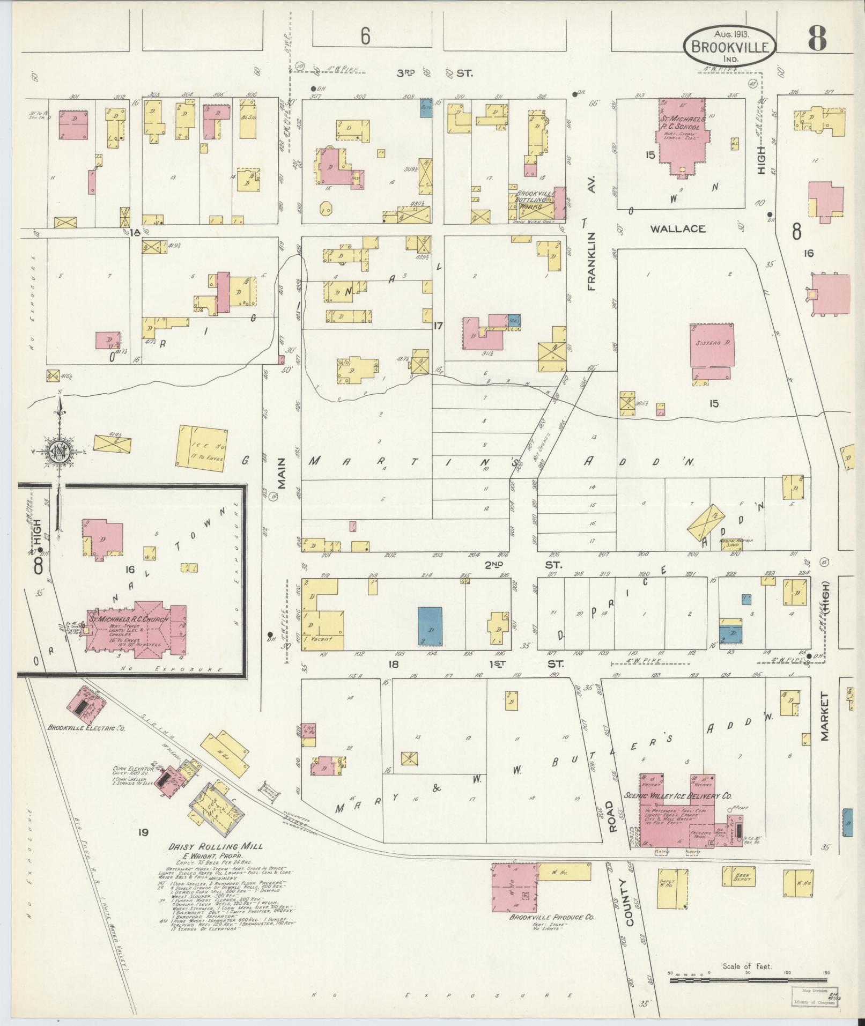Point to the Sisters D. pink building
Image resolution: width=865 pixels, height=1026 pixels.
coord(712,345)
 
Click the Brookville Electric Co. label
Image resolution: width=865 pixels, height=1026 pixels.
coord(86,729)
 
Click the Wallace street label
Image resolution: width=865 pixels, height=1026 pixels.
coord(677,229)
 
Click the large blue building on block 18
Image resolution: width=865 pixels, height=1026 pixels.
coord(430,625)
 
